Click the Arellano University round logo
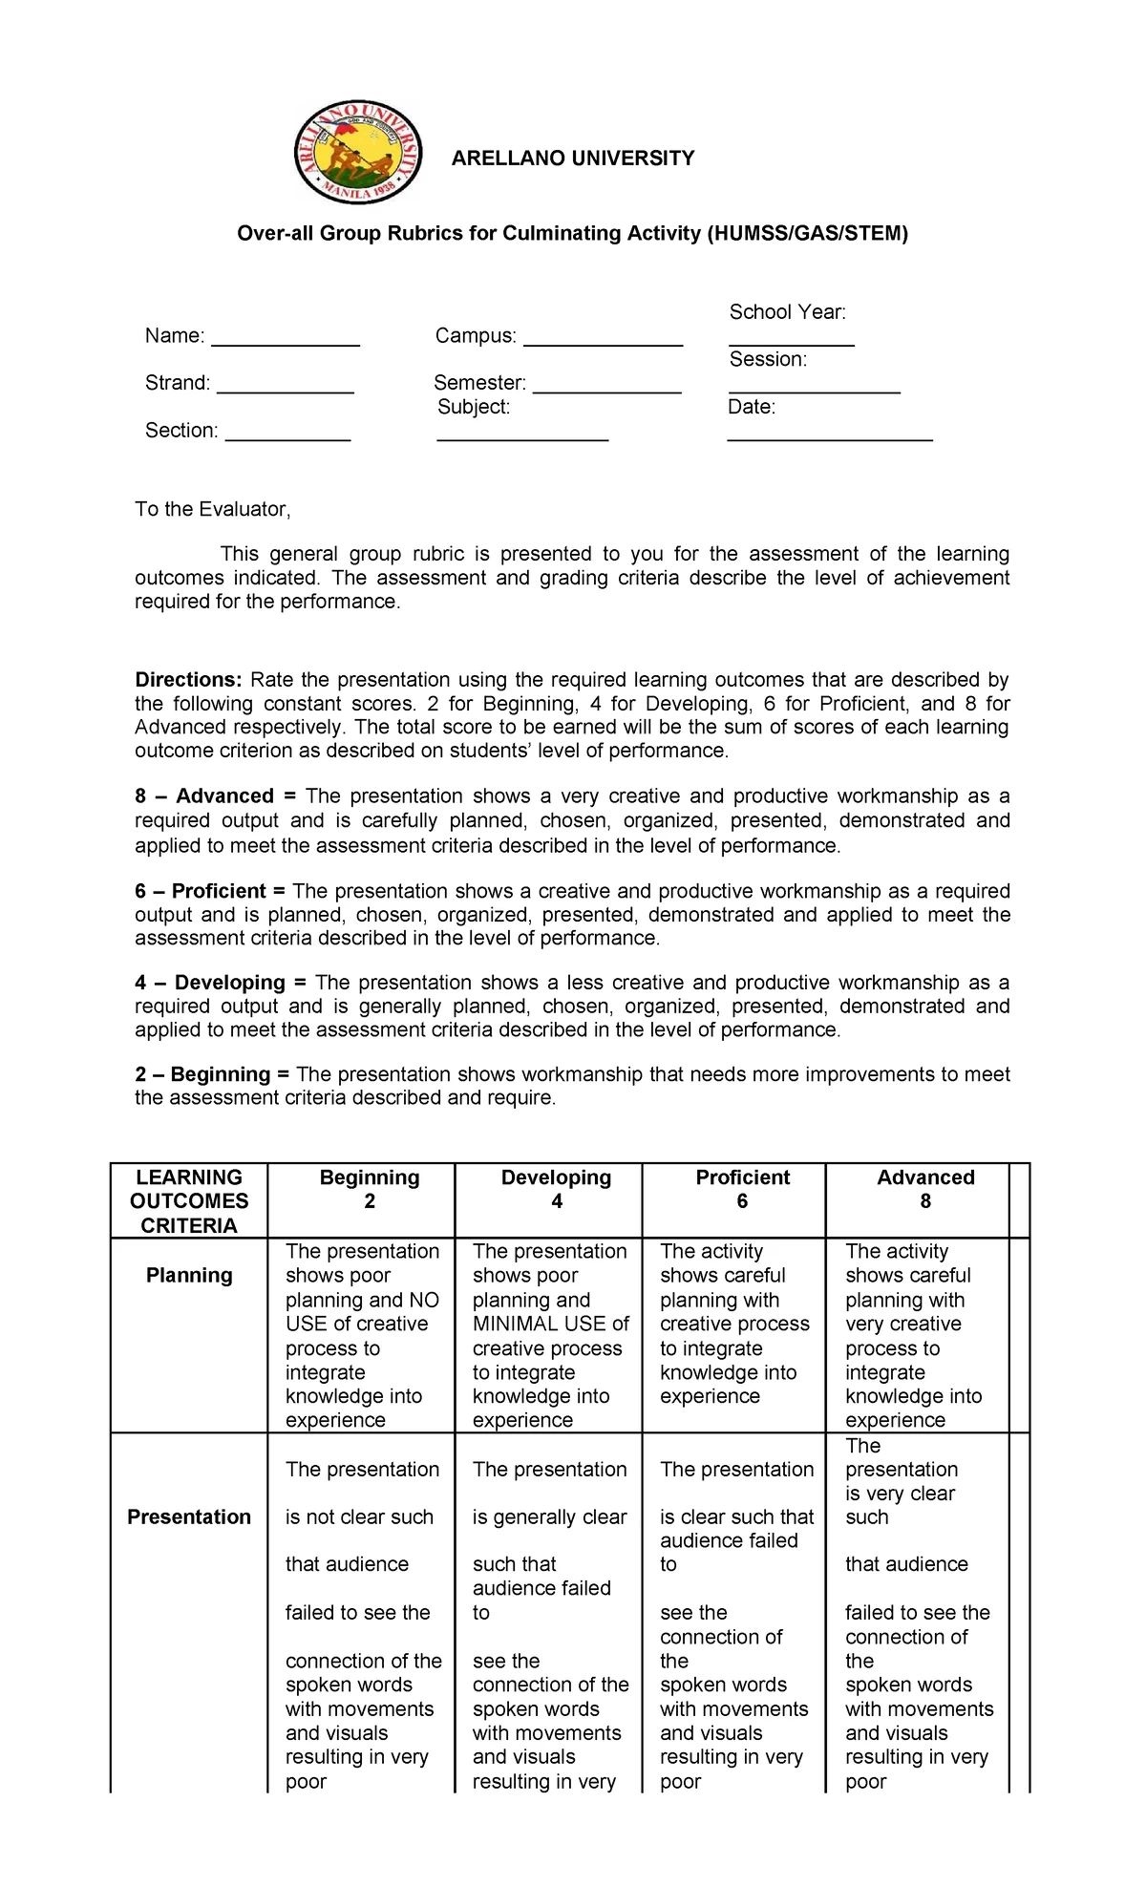tap(358, 152)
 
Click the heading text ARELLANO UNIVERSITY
tap(572, 159)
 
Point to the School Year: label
tap(787, 312)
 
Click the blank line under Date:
tap(829, 438)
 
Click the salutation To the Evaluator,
tap(212, 509)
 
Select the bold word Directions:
tap(188, 680)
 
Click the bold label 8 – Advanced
tap(203, 796)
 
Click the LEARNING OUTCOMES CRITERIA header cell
tap(189, 1201)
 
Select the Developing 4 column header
tap(556, 1189)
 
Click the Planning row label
tap(189, 1276)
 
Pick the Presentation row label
tap(189, 1517)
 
